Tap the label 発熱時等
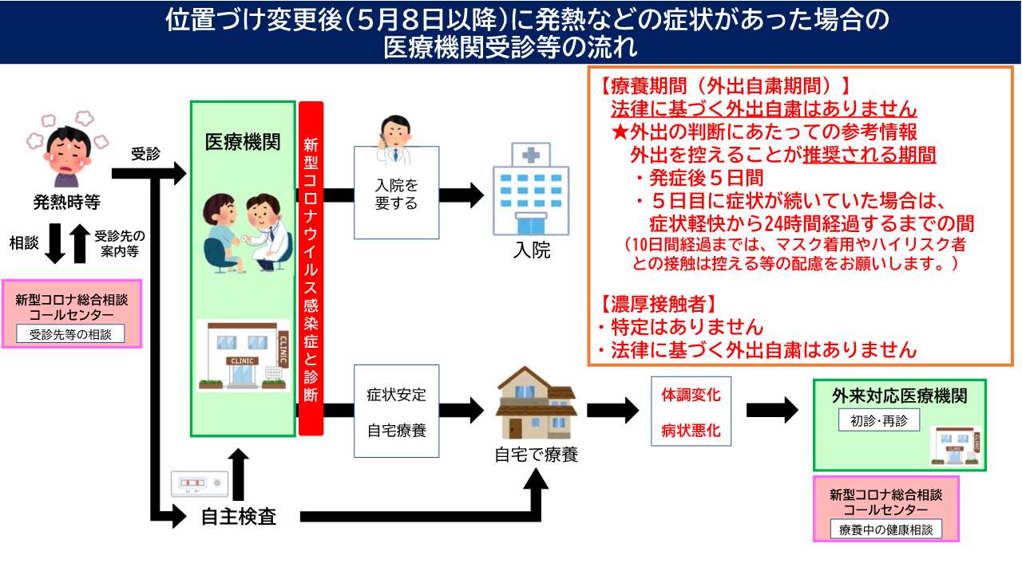[67, 203]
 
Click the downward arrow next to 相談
[54, 243]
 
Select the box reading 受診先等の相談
[71, 334]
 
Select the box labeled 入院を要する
[397, 194]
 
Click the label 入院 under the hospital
[531, 250]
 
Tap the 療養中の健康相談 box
[885, 529]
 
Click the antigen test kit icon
[200, 483]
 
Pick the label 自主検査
[239, 517]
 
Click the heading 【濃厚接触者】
[657, 304]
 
